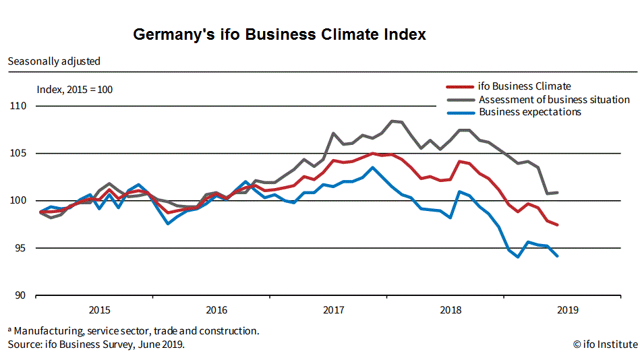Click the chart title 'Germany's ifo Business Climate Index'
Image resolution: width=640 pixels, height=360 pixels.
point(279,34)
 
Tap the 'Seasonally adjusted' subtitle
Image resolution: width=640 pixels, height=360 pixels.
point(54,61)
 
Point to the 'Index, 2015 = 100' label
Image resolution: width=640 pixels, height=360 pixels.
point(74,89)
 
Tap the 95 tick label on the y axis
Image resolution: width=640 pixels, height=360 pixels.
point(20,248)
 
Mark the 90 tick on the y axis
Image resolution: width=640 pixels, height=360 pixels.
point(20,295)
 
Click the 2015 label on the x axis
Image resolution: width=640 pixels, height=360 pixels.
point(100,310)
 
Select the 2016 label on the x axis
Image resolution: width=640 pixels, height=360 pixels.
point(216,310)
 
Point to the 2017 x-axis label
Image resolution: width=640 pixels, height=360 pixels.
point(334,310)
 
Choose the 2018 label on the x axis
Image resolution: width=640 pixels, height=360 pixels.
point(450,310)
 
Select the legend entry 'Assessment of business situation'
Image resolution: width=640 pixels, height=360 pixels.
point(554,100)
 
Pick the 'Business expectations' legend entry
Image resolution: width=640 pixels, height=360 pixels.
point(529,112)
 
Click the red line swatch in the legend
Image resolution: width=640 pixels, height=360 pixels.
point(460,87)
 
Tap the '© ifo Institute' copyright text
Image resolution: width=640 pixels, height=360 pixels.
point(605,344)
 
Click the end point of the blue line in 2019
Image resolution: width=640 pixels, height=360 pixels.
point(558,256)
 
